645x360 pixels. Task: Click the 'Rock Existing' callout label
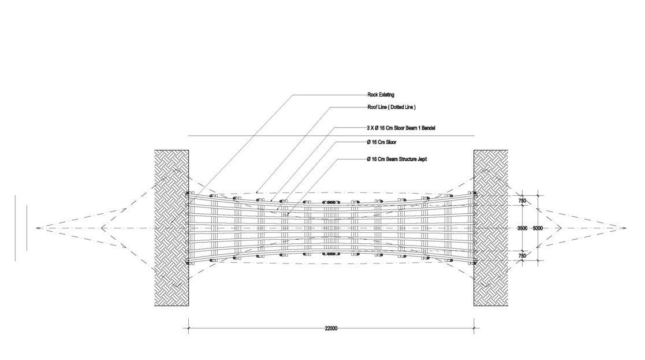point(381,94)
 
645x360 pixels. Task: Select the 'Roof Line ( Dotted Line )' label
point(392,107)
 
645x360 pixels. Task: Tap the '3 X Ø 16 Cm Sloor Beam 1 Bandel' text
point(401,127)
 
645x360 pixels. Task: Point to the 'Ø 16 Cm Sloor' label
point(381,142)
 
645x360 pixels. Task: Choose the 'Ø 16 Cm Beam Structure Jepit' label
point(397,159)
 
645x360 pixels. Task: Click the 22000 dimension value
point(331,328)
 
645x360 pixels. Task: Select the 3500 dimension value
point(522,228)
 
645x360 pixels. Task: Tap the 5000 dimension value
point(538,228)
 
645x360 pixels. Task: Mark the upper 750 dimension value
point(522,201)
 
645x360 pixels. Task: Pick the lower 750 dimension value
point(522,255)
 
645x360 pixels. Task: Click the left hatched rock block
point(171,228)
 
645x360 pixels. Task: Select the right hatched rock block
point(491,228)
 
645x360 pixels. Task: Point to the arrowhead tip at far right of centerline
point(626,228)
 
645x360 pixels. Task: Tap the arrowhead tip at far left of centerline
point(36,228)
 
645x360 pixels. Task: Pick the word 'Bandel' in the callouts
point(427,127)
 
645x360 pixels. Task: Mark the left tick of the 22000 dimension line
point(188,329)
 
